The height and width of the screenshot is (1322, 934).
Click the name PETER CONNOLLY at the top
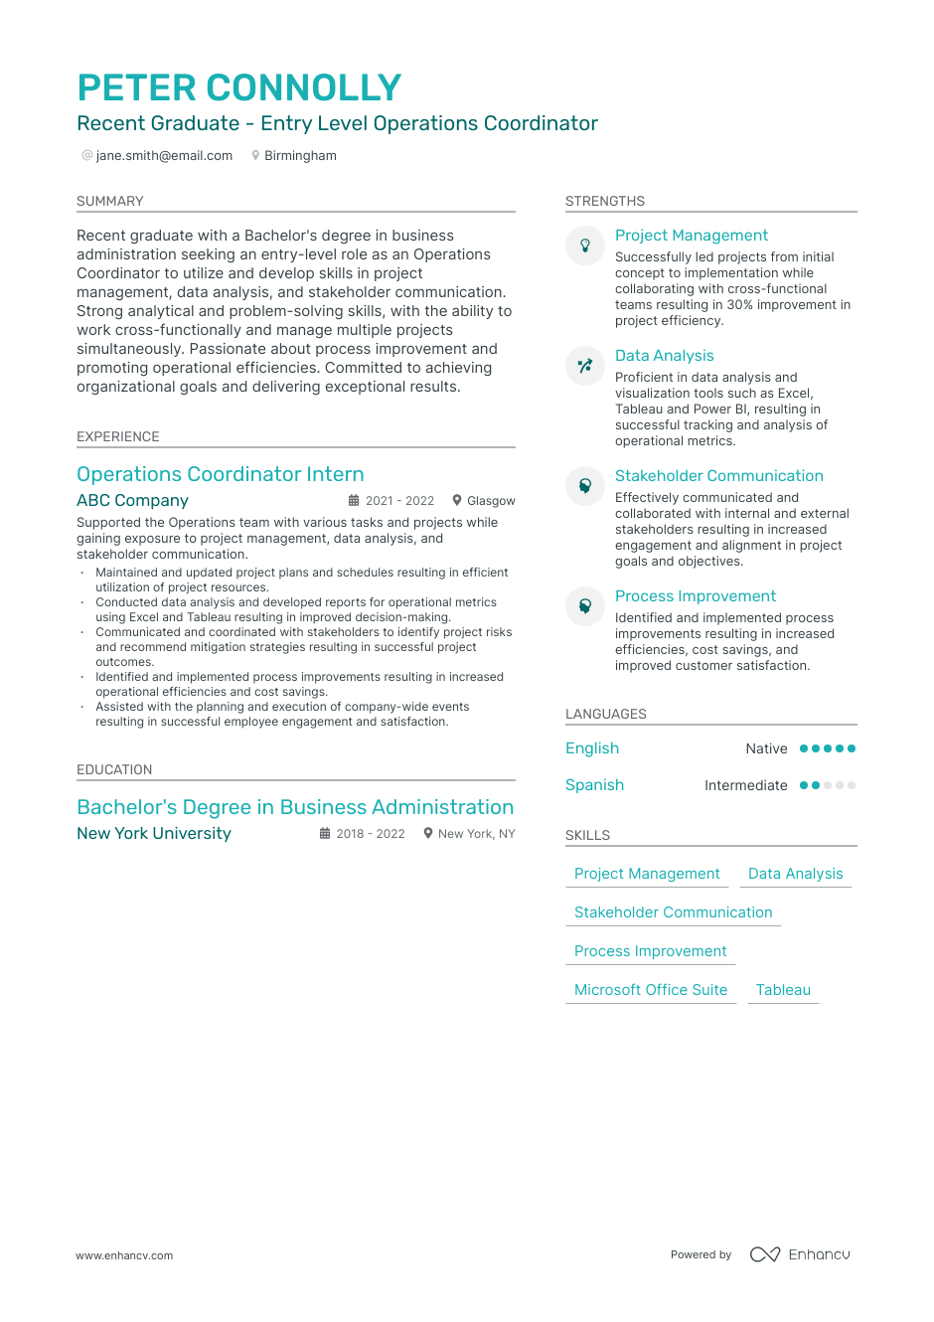(x=239, y=87)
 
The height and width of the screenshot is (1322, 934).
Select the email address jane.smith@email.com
(x=164, y=156)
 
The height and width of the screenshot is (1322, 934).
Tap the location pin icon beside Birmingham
(x=255, y=156)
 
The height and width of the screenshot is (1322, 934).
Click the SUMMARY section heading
(x=110, y=201)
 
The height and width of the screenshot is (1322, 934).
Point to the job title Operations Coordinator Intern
(x=221, y=474)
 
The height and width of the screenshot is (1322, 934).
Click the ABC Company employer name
(x=132, y=501)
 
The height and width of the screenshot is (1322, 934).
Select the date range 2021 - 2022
(x=399, y=501)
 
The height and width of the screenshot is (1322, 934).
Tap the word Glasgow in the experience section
(x=491, y=501)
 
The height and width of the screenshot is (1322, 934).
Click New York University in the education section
(x=154, y=834)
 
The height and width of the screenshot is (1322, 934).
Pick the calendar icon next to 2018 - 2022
(x=325, y=834)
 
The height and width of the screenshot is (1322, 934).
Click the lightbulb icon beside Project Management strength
(x=585, y=245)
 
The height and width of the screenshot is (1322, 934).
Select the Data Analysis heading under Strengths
(x=664, y=356)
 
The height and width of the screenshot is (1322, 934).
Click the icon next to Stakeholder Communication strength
(x=585, y=485)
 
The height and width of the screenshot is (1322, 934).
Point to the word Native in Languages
(x=766, y=749)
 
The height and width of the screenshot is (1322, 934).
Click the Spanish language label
(x=594, y=785)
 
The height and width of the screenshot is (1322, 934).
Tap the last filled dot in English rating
(x=852, y=748)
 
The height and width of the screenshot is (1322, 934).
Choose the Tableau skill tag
(x=783, y=990)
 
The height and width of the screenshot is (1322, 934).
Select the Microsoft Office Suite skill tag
(x=651, y=990)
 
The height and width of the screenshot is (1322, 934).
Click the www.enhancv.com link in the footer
(x=124, y=1255)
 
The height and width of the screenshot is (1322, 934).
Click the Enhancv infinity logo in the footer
(x=765, y=1254)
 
